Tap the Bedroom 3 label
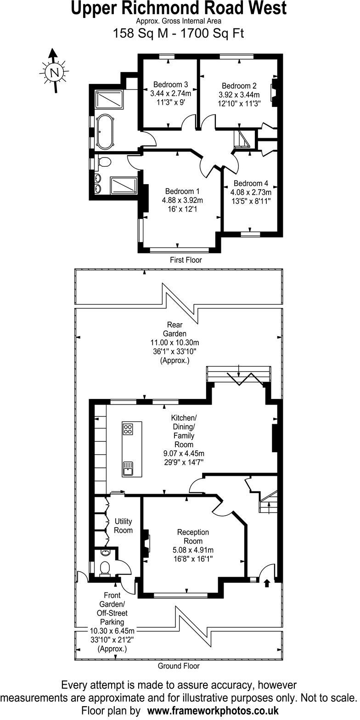170,84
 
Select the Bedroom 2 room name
239,86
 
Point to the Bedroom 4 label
251,183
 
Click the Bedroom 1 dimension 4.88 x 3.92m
182,200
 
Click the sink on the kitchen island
128,469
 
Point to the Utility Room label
124,526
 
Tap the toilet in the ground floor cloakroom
104,568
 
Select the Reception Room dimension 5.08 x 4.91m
193,550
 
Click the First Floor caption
186,260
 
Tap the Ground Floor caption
179,665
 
